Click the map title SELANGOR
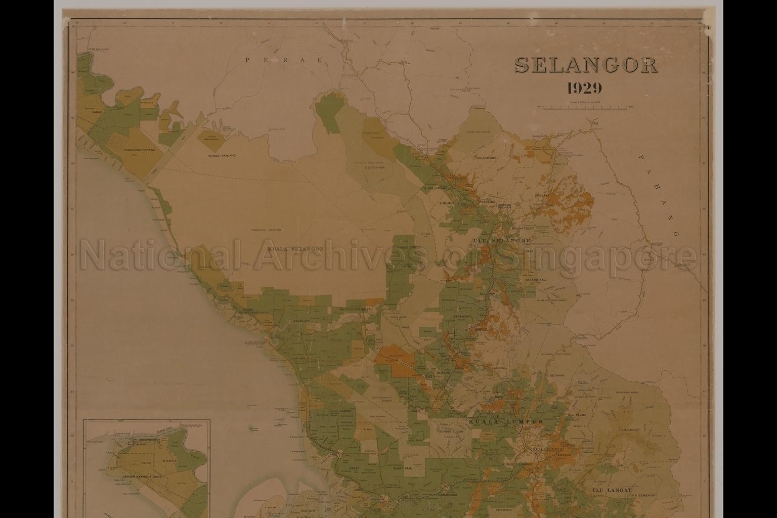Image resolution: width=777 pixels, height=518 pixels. coord(586,65)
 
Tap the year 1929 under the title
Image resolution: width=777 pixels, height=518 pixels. coord(585,89)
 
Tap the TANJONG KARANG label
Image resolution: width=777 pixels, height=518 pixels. coord(266,230)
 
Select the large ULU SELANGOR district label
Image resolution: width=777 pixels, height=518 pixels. coord(501,241)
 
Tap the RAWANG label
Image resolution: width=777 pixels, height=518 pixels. coord(444,373)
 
